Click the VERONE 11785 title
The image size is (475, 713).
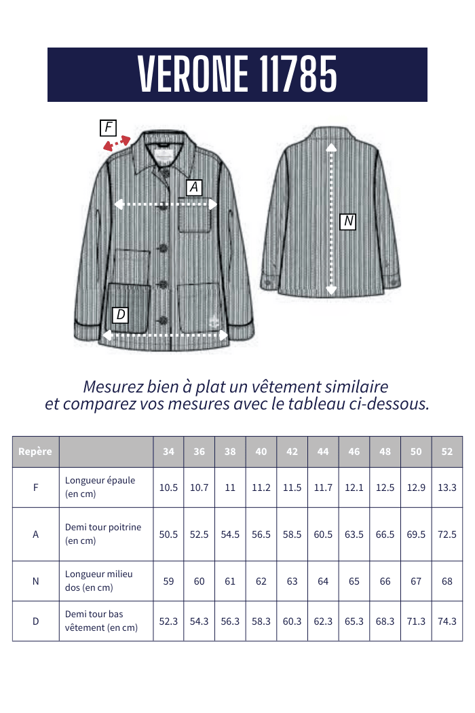237,74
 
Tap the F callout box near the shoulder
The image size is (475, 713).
108,127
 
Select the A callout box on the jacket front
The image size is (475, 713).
194,187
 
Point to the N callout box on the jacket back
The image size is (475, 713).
348,221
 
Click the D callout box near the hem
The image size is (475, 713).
120,314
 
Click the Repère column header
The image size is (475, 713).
35,452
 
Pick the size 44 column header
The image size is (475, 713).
323,452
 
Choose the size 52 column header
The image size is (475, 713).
447,452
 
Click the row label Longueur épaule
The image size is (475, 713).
100,480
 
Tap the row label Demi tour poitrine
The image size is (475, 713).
103,528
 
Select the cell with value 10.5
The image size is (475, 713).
168,488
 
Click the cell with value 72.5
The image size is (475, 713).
447,534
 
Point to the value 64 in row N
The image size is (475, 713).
323,581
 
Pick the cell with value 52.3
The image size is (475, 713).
168,621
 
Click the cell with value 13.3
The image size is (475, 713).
447,488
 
